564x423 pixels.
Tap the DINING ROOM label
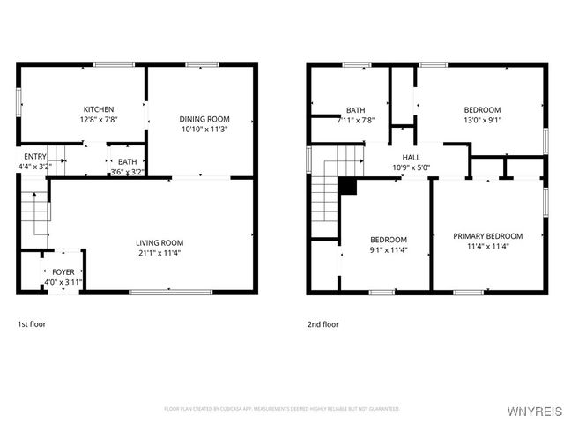pyautogui.click(x=204, y=119)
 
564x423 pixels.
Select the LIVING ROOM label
pyautogui.click(x=160, y=242)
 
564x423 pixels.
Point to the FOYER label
pyautogui.click(x=63, y=271)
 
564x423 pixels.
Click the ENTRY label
pyautogui.click(x=34, y=156)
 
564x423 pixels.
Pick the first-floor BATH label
pyautogui.click(x=128, y=161)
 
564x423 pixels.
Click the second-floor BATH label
pyautogui.click(x=355, y=110)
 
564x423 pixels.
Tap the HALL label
pyautogui.click(x=411, y=157)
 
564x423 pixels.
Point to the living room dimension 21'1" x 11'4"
pyautogui.click(x=160, y=253)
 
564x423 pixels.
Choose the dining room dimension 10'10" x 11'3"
pyautogui.click(x=204, y=129)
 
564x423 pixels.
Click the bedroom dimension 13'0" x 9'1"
pyautogui.click(x=482, y=120)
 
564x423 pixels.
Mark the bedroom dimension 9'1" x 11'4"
pyautogui.click(x=389, y=249)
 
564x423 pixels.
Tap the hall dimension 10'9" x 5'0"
pyautogui.click(x=411, y=167)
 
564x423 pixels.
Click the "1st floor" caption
pyautogui.click(x=32, y=324)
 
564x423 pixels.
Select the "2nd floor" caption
pyautogui.click(x=323, y=324)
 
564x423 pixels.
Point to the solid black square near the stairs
pyautogui.click(x=347, y=186)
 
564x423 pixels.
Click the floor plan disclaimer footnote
pyautogui.click(x=281, y=409)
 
